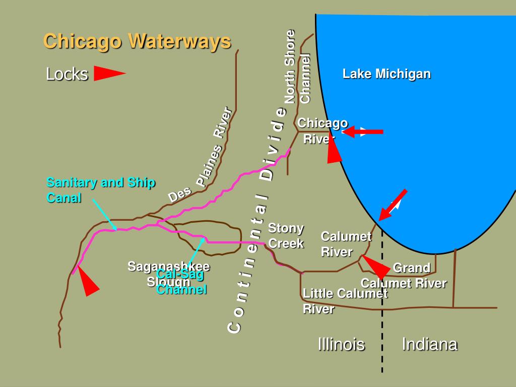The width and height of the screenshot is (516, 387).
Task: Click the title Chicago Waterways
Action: point(137,41)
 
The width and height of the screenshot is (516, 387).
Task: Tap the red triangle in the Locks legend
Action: point(108,74)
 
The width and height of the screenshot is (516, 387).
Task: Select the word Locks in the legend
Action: point(67,74)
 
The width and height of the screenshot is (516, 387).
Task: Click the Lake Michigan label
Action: point(386,74)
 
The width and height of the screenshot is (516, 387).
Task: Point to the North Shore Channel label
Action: point(298,68)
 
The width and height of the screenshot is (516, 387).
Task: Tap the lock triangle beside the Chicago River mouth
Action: point(334,150)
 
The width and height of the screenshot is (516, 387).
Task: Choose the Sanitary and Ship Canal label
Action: point(101,190)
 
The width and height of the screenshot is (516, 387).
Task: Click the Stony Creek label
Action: point(286,236)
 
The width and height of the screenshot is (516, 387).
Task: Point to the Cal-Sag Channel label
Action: point(181,282)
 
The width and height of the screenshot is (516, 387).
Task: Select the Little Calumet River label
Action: point(345,301)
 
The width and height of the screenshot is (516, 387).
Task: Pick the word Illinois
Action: point(341,344)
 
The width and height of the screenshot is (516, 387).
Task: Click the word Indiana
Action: point(429,344)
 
